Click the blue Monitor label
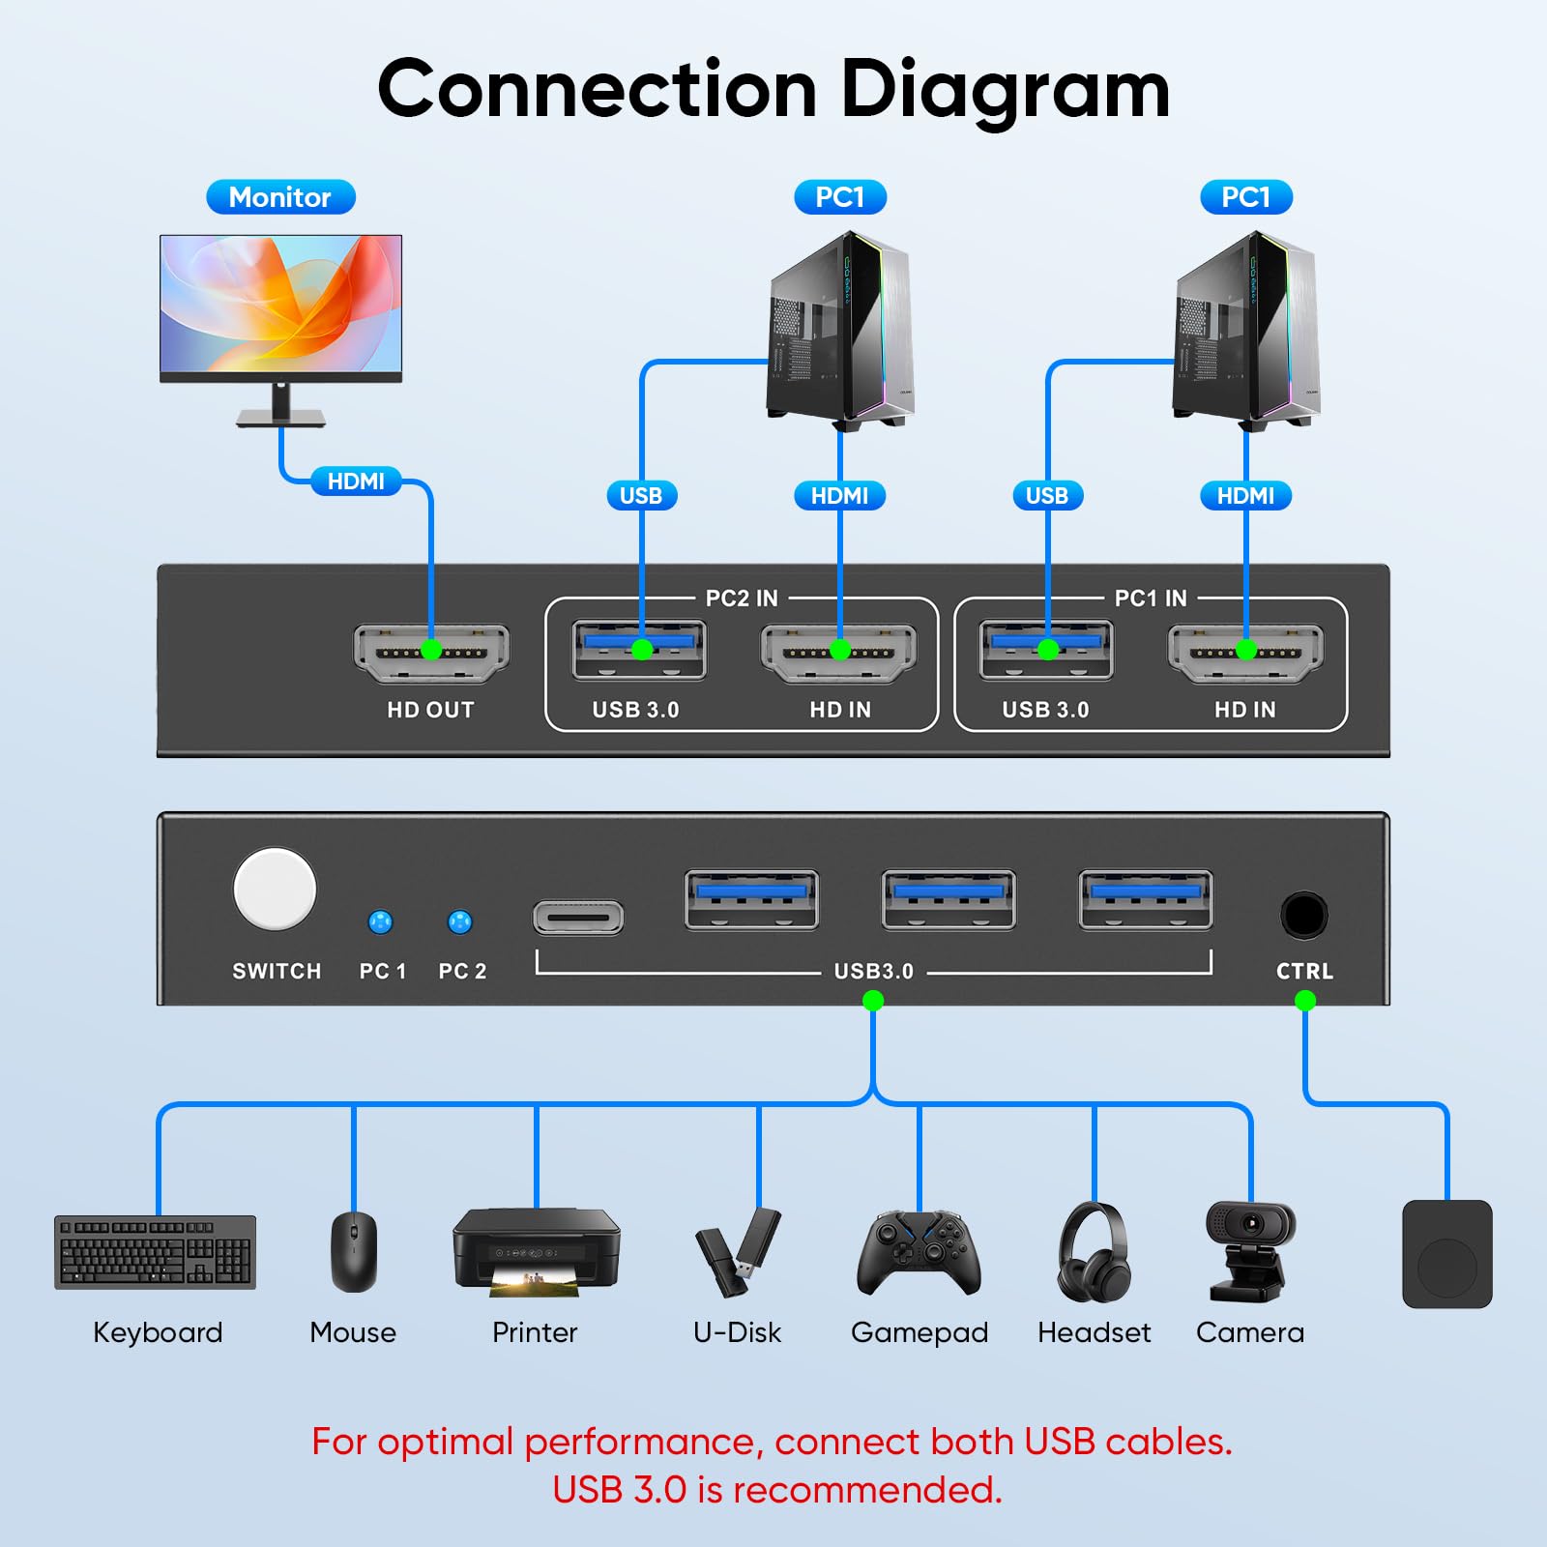(x=280, y=197)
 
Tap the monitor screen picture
(x=280, y=304)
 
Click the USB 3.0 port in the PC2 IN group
(x=640, y=650)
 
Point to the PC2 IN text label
(x=742, y=598)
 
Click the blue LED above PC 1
(x=381, y=921)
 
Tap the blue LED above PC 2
(x=460, y=921)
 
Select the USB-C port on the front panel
(x=578, y=918)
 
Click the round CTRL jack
(x=1303, y=915)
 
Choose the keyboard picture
(x=156, y=1252)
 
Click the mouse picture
(x=354, y=1251)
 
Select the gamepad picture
(x=919, y=1252)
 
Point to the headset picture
(x=1094, y=1252)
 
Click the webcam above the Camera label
(x=1250, y=1251)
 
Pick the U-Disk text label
(x=737, y=1332)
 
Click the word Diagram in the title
(x=1006, y=89)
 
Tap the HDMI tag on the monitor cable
(x=356, y=481)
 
